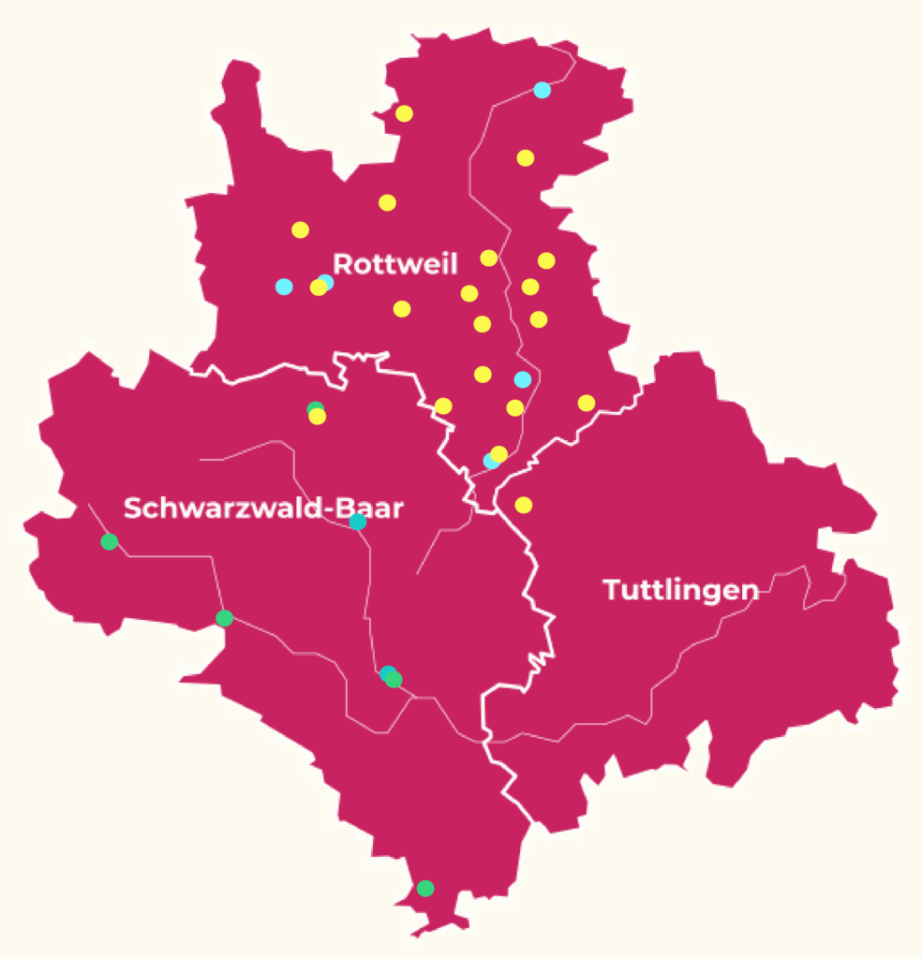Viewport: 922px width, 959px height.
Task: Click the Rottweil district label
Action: tap(394, 264)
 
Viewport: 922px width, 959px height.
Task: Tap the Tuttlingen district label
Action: tap(680, 590)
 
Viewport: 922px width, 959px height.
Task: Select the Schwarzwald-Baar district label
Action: tap(263, 509)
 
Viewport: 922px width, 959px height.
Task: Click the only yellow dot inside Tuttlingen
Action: tap(524, 505)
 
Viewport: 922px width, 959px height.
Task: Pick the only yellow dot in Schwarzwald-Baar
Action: tap(318, 417)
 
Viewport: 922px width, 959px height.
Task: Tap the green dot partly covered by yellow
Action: tap(315, 407)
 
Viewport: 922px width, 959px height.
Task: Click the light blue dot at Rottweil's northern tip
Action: tap(542, 90)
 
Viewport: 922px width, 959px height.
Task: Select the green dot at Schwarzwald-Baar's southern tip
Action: tap(425, 888)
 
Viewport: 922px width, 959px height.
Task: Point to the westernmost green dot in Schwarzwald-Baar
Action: tap(110, 541)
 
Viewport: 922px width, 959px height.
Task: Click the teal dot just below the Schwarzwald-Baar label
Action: tap(357, 522)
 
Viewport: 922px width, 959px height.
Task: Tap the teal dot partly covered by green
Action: tap(386, 672)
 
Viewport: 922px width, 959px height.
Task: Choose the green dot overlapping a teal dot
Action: tap(394, 679)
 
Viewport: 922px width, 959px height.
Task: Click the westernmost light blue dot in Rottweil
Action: tap(284, 287)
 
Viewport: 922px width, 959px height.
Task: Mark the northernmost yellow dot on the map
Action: tap(404, 113)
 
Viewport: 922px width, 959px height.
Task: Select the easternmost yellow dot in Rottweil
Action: tap(587, 403)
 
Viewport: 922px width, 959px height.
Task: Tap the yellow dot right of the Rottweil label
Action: tap(489, 258)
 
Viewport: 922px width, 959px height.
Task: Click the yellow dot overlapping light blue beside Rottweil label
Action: tap(319, 288)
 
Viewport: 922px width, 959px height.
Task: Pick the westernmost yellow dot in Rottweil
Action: tap(300, 229)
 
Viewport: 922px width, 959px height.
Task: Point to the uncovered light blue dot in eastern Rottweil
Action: tap(523, 379)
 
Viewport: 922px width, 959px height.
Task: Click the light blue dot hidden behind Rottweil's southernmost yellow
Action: tap(489, 461)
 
